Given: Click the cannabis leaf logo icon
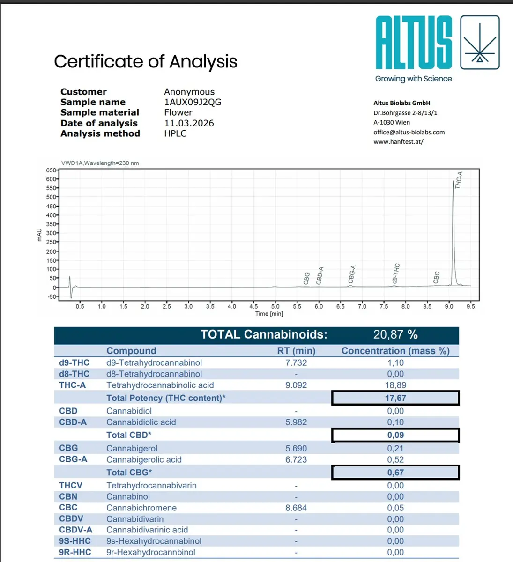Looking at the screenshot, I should pyautogui.click(x=480, y=43).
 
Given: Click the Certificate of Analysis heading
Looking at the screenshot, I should pyautogui.click(x=146, y=61).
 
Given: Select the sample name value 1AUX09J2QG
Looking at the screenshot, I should pyautogui.click(x=193, y=102).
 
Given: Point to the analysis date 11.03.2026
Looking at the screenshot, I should pyautogui.click(x=189, y=123).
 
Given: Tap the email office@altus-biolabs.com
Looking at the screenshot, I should pyautogui.click(x=409, y=132).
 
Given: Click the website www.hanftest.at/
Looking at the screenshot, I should pyautogui.click(x=398, y=141).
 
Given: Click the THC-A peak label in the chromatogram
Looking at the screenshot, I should pyautogui.click(x=459, y=180).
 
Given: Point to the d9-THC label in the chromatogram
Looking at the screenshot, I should pyautogui.click(x=396, y=274).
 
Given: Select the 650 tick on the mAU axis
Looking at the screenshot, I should pyautogui.click(x=51, y=170).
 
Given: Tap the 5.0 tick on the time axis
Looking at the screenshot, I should pyautogui.click(x=275, y=306).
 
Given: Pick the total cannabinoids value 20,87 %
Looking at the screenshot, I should pyautogui.click(x=395, y=334).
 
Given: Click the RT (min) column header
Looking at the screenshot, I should pyautogui.click(x=296, y=351).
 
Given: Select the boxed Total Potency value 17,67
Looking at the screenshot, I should pyautogui.click(x=395, y=398).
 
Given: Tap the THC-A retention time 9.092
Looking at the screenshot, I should pyautogui.click(x=296, y=385).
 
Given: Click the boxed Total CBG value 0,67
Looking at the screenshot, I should pyautogui.click(x=395, y=473).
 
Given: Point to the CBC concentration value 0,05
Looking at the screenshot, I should pyautogui.click(x=395, y=508).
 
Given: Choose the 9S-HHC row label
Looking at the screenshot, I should pyautogui.click(x=75, y=541).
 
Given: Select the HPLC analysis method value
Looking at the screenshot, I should pyautogui.click(x=175, y=133).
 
